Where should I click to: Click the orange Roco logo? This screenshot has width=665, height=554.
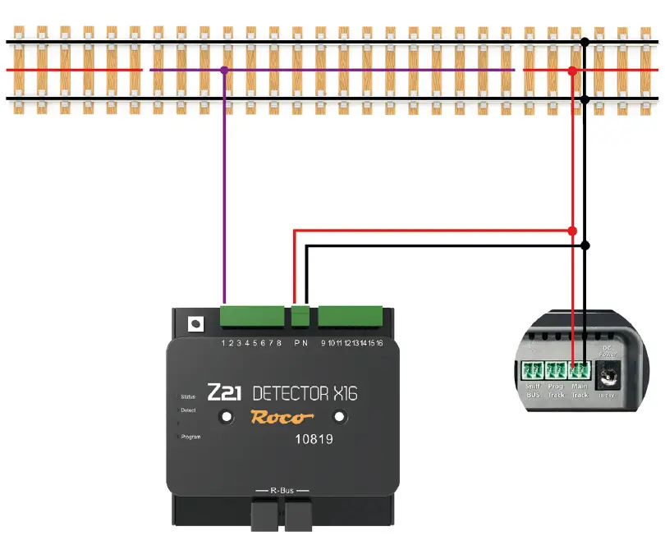point(282,417)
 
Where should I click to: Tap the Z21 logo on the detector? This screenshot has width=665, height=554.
point(223,392)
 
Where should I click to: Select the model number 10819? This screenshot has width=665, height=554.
point(314,440)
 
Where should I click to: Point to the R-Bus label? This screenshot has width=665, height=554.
point(282,490)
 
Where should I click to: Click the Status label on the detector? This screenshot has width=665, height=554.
point(187,396)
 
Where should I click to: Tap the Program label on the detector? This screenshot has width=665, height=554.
point(190,437)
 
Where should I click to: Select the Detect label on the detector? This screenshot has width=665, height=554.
point(188,410)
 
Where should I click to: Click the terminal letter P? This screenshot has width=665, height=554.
point(296,342)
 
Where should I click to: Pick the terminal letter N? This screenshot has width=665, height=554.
point(305,342)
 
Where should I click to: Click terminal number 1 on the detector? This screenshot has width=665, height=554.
point(224,342)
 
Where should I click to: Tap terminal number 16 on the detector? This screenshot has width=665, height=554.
point(378,342)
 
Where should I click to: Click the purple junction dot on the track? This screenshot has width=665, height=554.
point(224,71)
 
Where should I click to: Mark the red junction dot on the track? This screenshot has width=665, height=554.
point(572,71)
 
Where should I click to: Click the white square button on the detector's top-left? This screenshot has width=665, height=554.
point(195,323)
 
